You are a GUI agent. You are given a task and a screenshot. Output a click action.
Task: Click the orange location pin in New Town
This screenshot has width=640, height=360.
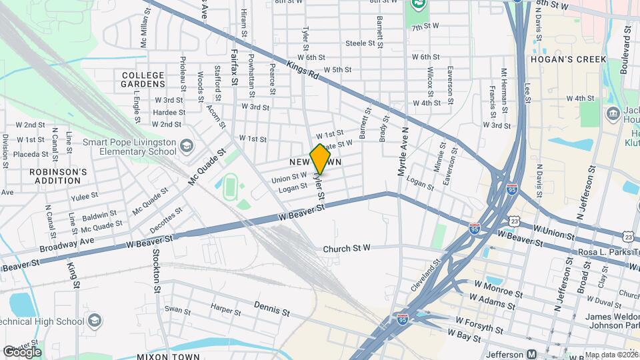click(x=320, y=159)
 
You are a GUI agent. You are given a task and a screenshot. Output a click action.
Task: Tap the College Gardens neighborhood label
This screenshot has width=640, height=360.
click(x=143, y=80)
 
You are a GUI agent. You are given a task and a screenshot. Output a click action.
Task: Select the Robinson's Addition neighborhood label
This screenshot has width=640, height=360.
click(x=59, y=176)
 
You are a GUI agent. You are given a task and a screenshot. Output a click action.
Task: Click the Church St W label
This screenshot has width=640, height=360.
click(x=346, y=249)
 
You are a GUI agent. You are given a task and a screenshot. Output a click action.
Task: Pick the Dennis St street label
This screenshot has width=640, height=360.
click(x=272, y=308)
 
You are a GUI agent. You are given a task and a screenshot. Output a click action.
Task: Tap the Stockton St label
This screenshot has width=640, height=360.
click(x=157, y=271)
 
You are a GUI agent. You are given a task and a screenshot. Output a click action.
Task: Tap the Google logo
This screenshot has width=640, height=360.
click(x=22, y=352)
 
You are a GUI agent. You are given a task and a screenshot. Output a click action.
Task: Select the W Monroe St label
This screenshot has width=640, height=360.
click(x=498, y=289)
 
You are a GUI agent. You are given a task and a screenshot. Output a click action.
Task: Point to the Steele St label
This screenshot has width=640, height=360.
click(x=361, y=43)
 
